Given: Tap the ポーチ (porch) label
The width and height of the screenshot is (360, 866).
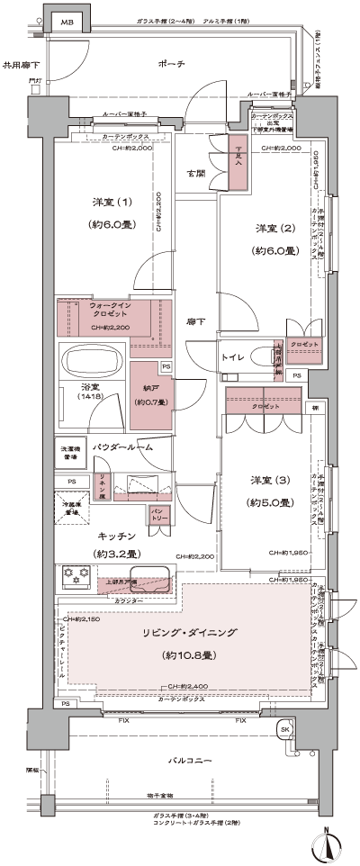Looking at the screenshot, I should pos(169,64).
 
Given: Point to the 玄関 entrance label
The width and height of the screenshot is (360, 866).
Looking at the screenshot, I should pos(195,172).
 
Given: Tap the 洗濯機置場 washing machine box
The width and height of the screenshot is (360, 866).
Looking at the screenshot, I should pos(68,453).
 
